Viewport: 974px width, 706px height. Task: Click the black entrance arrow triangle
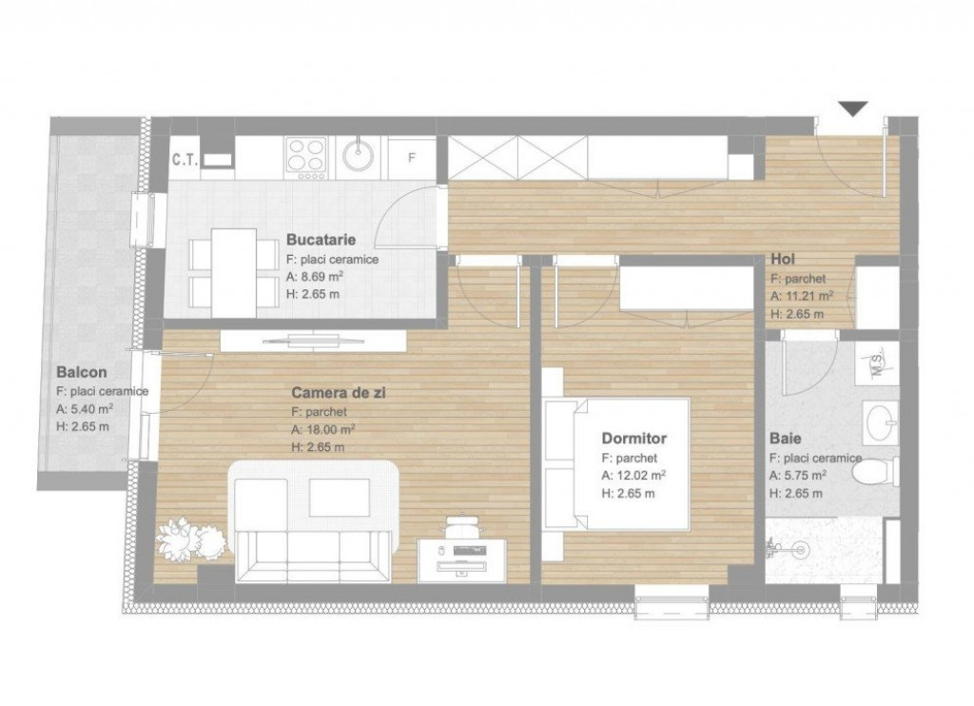point(853,108)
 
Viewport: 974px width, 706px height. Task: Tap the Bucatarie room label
point(321,242)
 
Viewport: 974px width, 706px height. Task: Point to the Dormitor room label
point(633,439)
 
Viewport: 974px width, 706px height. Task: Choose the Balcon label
point(81,372)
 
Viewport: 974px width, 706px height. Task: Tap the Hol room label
point(783,259)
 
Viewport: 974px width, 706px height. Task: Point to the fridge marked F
point(412,157)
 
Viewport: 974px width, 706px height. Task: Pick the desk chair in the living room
point(461,524)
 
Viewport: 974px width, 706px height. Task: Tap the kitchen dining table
point(233,271)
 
